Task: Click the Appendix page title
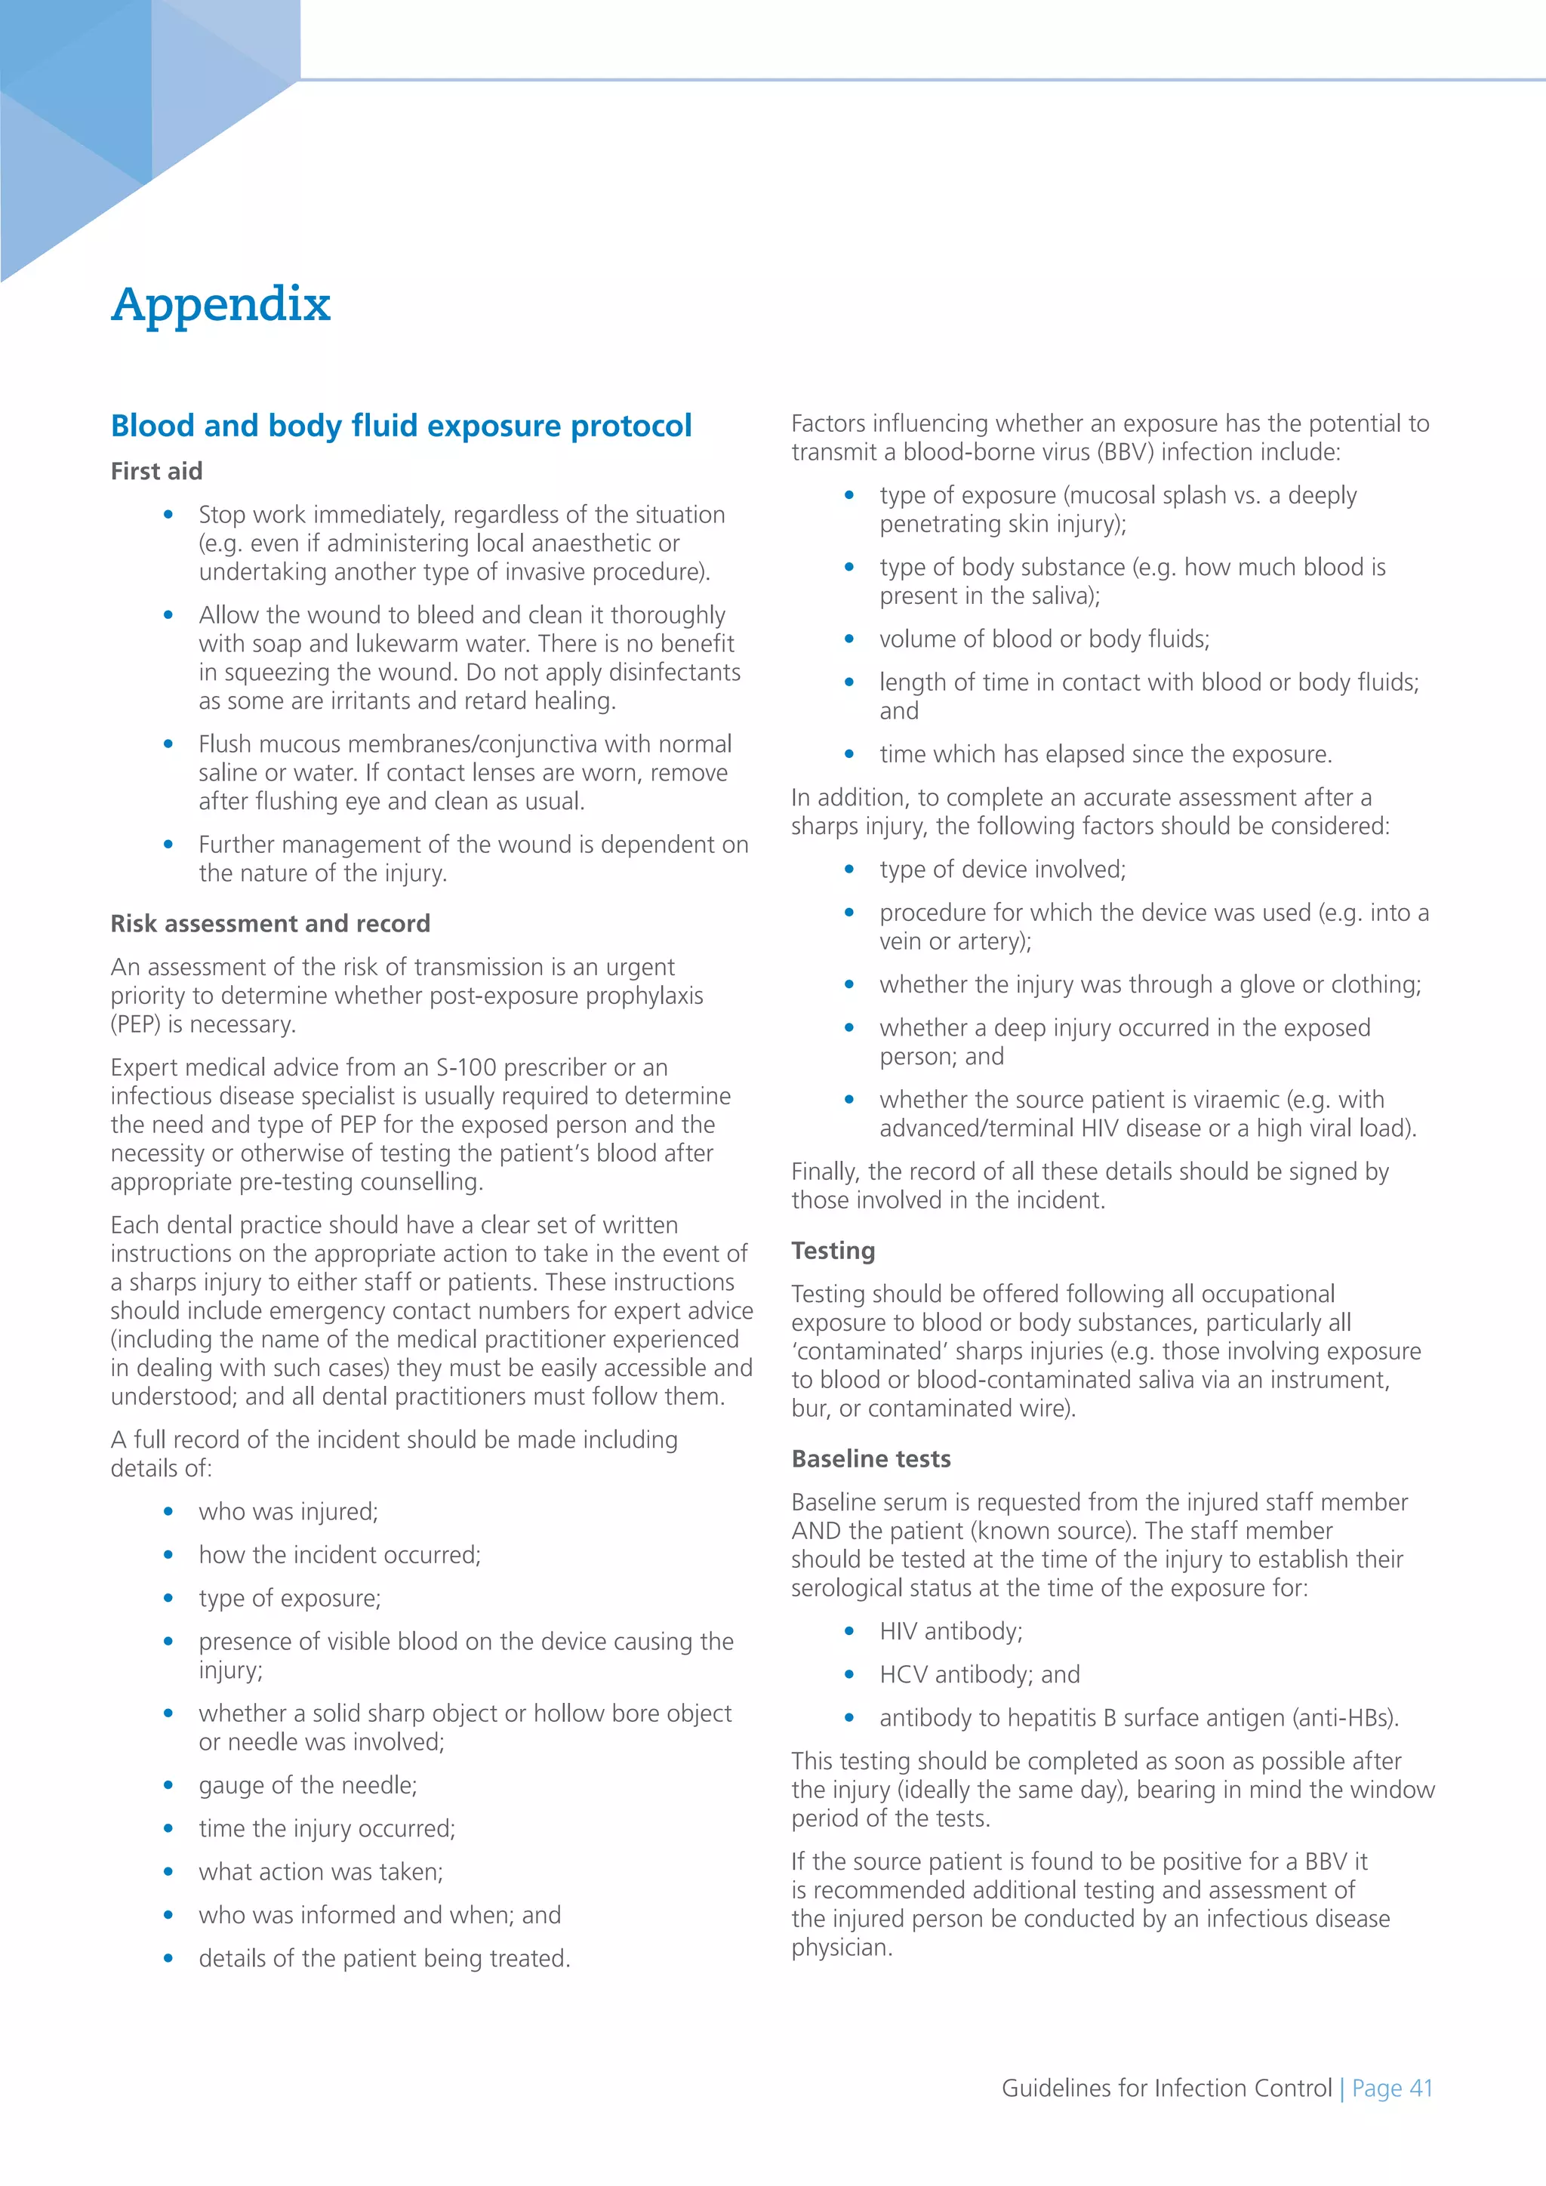pyautogui.click(x=221, y=305)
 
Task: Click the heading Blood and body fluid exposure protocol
pyautogui.click(x=401, y=426)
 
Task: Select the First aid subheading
pyautogui.click(x=156, y=471)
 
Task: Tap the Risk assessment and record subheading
pyautogui.click(x=270, y=923)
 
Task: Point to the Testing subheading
pyautogui.click(x=833, y=1250)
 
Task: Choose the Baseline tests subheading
pyautogui.click(x=871, y=1458)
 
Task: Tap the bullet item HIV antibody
pyautogui.click(x=950, y=1631)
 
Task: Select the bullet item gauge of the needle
pyautogui.click(x=307, y=1785)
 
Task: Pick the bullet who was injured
pyautogui.click(x=288, y=1511)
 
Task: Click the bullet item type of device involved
pyautogui.click(x=1002, y=870)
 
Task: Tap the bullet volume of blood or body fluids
pyautogui.click(x=1044, y=639)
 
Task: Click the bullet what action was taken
pyautogui.click(x=321, y=1872)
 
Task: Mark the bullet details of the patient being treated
pyautogui.click(x=384, y=1959)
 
